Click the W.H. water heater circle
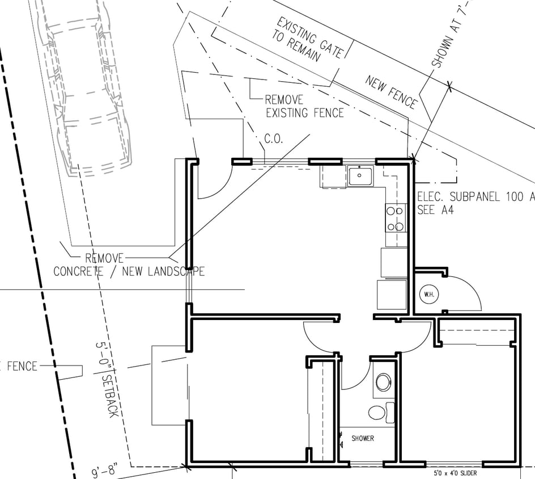(427, 294)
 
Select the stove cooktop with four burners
(396, 218)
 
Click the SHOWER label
(363, 438)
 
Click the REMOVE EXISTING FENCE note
(304, 106)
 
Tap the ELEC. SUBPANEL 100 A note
(475, 197)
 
